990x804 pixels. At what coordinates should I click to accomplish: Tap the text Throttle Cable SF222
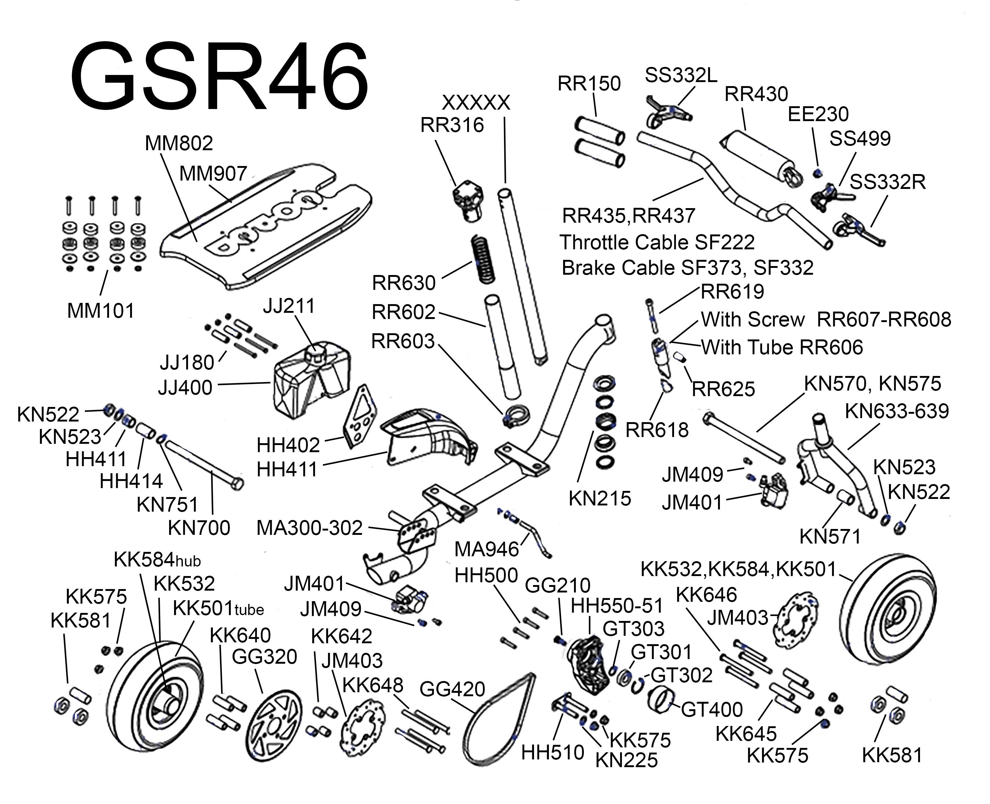pyautogui.click(x=657, y=242)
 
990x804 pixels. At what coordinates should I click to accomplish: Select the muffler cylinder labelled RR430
pyautogui.click(x=760, y=157)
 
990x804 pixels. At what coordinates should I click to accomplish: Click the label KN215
pyautogui.click(x=599, y=498)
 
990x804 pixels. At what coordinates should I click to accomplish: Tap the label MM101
pyautogui.click(x=101, y=311)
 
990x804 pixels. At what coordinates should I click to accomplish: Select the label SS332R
pyautogui.click(x=887, y=182)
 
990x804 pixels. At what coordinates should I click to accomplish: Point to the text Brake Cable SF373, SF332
pyautogui.click(x=687, y=268)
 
